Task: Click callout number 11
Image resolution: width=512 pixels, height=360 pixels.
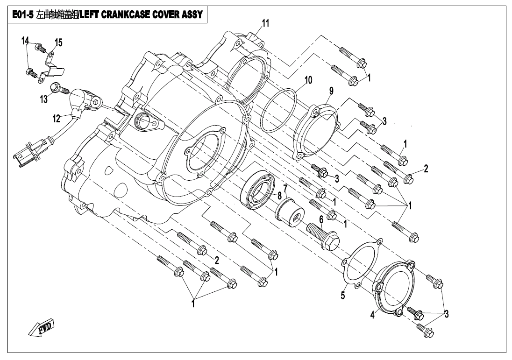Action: click(x=265, y=24)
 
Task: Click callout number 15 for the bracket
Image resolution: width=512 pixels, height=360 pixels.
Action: click(x=58, y=43)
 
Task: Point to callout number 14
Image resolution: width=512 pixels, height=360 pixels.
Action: click(x=25, y=41)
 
